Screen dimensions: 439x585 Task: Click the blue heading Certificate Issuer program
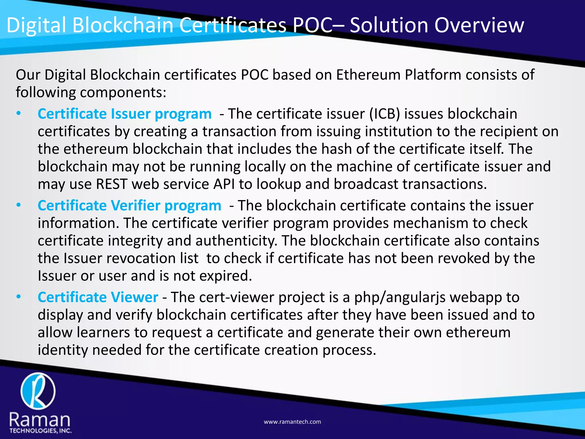[125, 114]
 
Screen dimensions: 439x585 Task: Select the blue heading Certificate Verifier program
[129, 206]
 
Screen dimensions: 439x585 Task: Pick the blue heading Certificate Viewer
[98, 297]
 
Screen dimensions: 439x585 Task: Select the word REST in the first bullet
[111, 184]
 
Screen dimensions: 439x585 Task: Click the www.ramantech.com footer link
[292, 422]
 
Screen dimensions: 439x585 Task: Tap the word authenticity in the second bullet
[236, 241]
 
